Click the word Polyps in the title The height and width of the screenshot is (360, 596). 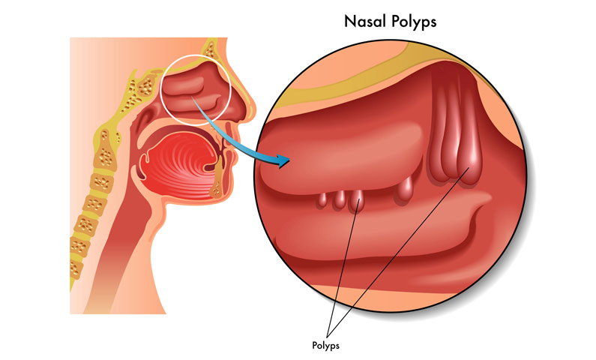click(414, 22)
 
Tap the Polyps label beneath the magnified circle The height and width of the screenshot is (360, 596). click(325, 346)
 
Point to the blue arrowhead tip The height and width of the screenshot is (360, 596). click(290, 160)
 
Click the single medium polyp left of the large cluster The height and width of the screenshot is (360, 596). click(405, 189)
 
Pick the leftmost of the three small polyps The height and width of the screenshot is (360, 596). click(322, 200)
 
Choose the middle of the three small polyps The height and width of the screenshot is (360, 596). click(340, 199)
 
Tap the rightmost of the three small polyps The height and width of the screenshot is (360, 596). click(357, 201)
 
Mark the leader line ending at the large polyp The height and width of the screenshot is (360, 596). click(398, 252)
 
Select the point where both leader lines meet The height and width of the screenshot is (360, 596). click(328, 337)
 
